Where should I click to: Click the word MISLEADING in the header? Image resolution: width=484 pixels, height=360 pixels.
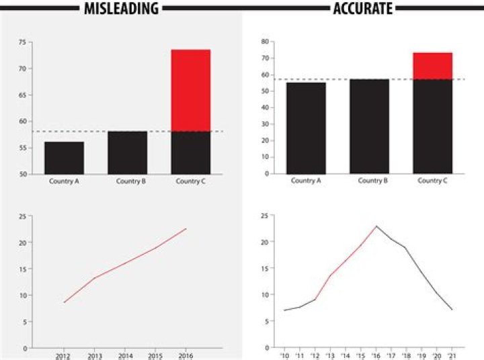point(121,8)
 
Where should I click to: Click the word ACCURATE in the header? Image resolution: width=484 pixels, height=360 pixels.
point(362,8)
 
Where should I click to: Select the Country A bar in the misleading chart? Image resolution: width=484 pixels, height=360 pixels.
point(65,158)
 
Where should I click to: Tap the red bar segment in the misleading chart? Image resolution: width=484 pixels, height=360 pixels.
point(191,90)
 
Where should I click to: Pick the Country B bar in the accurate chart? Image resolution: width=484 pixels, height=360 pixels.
point(369,126)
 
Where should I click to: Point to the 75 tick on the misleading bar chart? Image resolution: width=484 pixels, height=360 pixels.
point(22,42)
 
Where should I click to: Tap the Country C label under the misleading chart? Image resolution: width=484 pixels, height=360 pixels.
point(191,181)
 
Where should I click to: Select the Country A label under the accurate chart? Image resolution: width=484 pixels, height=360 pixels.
point(306,181)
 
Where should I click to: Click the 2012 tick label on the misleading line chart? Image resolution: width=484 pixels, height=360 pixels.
point(63,356)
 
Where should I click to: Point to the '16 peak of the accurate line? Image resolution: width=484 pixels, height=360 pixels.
point(376,226)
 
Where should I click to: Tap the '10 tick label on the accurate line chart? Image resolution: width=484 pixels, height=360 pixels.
point(284,355)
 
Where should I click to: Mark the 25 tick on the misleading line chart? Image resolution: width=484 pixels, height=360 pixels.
point(22,216)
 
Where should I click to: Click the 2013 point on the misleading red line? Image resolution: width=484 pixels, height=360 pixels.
point(94,278)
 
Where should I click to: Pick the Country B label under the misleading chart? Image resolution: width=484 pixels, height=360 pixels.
point(128,181)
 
